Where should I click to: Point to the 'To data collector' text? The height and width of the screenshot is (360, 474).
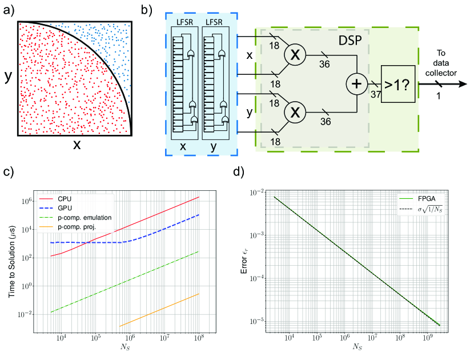click(443, 60)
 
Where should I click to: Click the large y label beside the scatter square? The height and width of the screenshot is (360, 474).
click(8, 77)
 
